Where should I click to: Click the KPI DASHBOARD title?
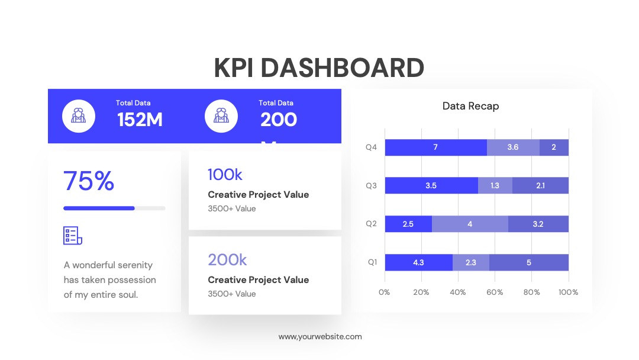point(319,67)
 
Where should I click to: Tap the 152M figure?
point(140,120)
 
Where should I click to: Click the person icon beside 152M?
point(79,116)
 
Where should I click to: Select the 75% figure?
point(88,181)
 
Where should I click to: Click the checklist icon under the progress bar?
point(73,236)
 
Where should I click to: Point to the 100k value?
point(225,175)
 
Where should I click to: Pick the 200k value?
point(227,260)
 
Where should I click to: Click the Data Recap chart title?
point(471,106)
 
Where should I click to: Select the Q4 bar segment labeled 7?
point(435,147)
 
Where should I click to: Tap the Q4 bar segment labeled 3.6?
point(513,147)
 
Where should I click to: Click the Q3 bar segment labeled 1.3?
point(495,185)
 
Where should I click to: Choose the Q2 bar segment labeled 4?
point(470,224)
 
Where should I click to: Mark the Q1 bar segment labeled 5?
point(529,262)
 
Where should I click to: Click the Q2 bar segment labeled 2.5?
point(408,224)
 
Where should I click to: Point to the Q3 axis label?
point(371,185)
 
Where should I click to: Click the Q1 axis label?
point(373,262)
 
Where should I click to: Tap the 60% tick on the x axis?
point(495,292)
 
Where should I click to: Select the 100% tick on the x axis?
point(569,292)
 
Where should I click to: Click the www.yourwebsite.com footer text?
point(320,337)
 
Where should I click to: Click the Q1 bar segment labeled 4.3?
point(418,262)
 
